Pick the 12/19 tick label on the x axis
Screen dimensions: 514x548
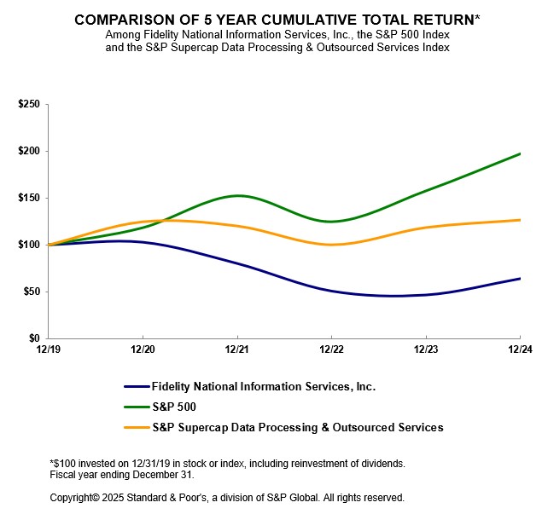point(49,349)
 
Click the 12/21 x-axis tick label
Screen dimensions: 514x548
point(237,349)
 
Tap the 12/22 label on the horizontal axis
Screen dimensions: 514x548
point(331,349)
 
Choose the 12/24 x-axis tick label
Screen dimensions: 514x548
point(520,349)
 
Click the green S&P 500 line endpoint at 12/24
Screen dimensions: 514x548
point(520,153)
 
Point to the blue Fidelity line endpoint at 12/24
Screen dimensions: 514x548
point(520,279)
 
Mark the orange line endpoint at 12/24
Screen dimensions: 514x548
point(520,220)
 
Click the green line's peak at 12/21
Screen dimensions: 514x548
point(237,196)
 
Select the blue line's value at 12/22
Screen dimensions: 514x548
point(331,291)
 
